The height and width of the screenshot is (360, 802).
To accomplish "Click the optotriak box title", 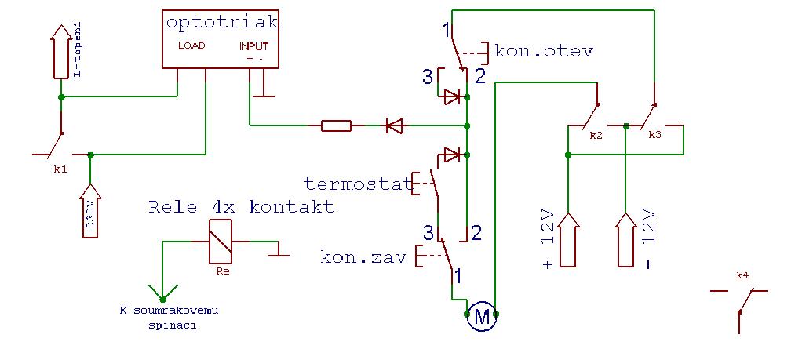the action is click(x=223, y=23).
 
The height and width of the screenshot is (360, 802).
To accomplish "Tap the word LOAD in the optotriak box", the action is click(x=191, y=45).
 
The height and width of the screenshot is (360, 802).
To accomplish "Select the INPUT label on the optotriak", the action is click(x=254, y=46).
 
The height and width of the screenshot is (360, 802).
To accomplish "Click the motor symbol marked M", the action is click(x=482, y=318).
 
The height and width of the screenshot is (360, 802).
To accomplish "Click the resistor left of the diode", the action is click(x=336, y=125).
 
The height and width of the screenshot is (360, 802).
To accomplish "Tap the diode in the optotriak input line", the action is click(x=394, y=125).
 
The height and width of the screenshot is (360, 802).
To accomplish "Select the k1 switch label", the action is click(x=60, y=169).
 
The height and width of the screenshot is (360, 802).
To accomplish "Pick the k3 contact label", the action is click(x=654, y=136).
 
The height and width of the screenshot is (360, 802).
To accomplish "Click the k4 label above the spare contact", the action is click(x=742, y=275).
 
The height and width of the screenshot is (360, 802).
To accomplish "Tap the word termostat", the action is click(x=359, y=183).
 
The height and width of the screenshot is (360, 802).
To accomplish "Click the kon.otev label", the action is click(x=545, y=51).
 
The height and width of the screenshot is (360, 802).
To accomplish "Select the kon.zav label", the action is click(x=363, y=256).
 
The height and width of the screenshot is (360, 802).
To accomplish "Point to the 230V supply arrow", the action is click(x=91, y=216).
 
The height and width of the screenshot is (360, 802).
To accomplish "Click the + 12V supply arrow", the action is click(x=569, y=239).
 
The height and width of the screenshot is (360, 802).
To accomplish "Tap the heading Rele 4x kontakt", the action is click(x=242, y=207).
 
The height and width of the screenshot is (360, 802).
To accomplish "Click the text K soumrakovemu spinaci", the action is click(x=169, y=318).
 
